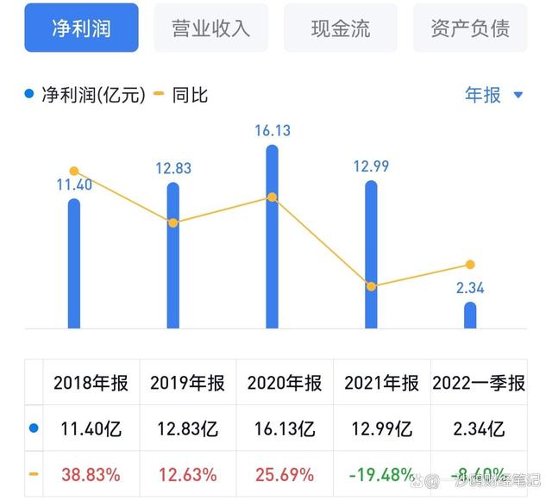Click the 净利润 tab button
pos(82,28)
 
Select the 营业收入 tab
pos(210,28)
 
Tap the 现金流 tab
pos(340,28)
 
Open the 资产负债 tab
pos(470,28)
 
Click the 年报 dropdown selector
pos(493,95)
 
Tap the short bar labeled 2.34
pos(470,315)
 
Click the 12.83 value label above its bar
pos(172,168)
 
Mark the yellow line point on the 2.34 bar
pos(470,265)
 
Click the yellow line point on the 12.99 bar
pos(371,286)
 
